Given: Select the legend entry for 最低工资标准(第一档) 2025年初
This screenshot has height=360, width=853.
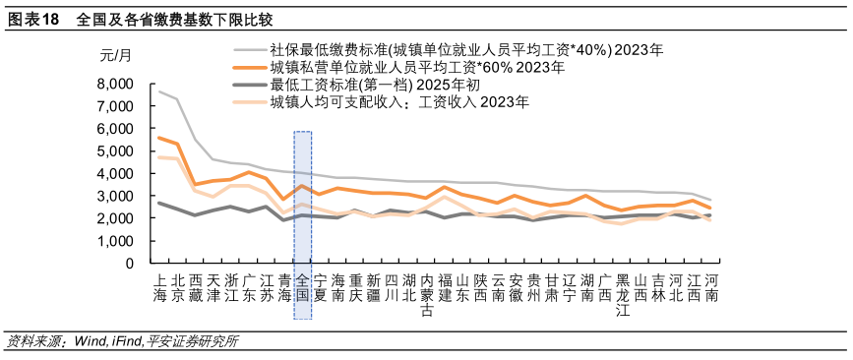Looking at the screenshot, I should pyautogui.click(x=375, y=85).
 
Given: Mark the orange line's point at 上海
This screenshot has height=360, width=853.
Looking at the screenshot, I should pyautogui.click(x=159, y=138).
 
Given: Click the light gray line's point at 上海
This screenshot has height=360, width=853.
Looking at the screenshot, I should pyautogui.click(x=159, y=91).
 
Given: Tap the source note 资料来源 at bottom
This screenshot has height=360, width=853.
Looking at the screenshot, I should pyautogui.click(x=122, y=342).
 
